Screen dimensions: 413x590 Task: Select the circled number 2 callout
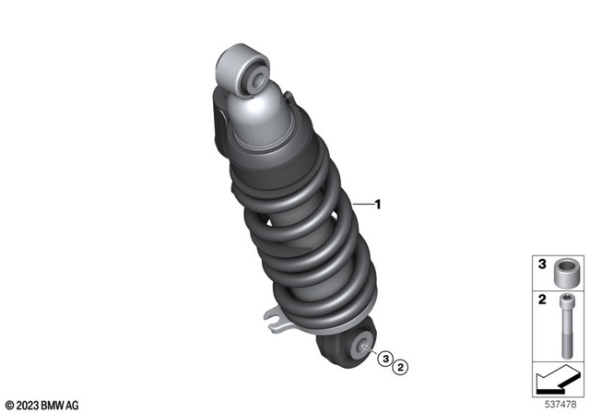(401, 368)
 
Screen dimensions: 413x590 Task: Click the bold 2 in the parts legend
(542, 301)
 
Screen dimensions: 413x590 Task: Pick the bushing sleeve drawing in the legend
(565, 276)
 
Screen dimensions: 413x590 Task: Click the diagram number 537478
(564, 403)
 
